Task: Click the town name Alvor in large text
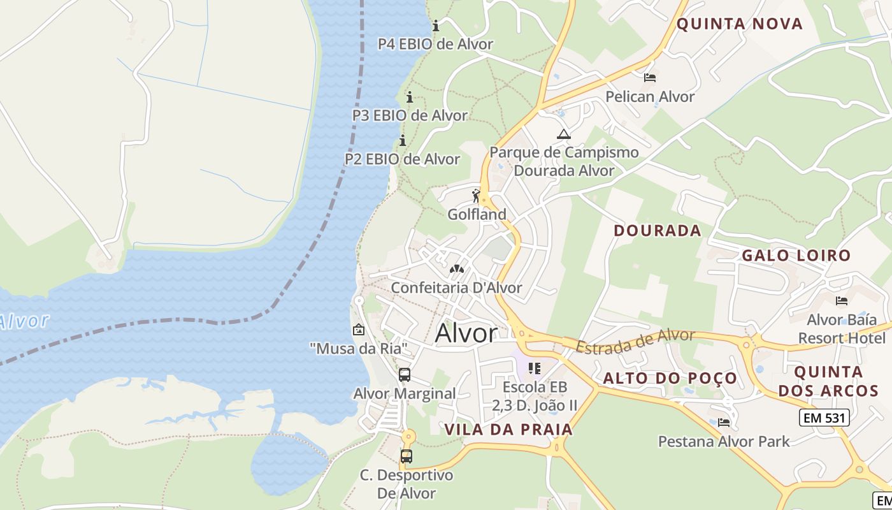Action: tap(466, 333)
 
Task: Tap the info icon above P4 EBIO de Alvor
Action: tap(436, 26)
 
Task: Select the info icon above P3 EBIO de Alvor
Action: tap(410, 98)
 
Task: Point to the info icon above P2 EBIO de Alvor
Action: tap(402, 141)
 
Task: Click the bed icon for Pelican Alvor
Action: tap(650, 78)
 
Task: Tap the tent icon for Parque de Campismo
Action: tap(563, 134)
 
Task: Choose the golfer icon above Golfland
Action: tap(476, 196)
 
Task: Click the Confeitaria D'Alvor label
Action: tap(456, 288)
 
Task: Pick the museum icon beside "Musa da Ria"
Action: tap(359, 330)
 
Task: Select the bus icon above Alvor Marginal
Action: tap(405, 375)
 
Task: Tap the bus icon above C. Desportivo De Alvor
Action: tap(406, 456)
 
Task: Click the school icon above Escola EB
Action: tap(535, 368)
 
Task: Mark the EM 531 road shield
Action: tap(824, 418)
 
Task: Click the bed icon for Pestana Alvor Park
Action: tap(724, 422)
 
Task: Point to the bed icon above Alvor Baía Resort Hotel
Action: tap(842, 300)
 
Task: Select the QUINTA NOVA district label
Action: tap(739, 24)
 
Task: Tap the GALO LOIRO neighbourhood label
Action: tap(796, 256)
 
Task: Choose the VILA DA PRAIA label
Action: tap(508, 430)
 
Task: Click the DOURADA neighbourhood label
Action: tap(658, 230)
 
